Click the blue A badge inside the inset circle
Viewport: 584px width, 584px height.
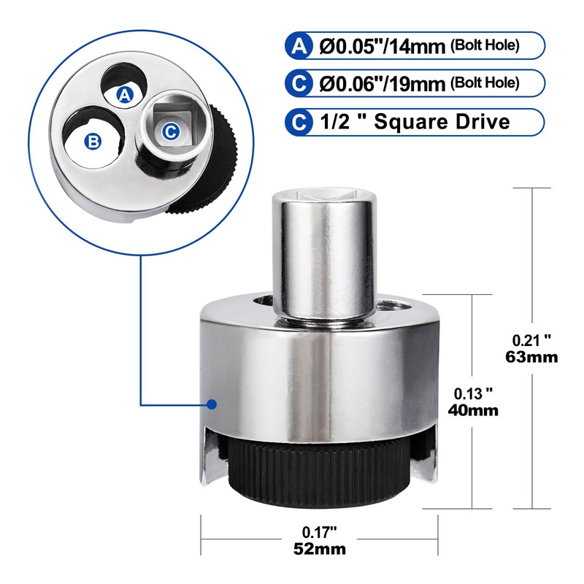(125, 93)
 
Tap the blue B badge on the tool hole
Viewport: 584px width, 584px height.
(93, 142)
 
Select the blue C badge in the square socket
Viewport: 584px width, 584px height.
(169, 131)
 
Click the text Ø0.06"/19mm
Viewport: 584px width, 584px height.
(383, 83)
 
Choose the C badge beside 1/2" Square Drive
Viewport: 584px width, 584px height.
(299, 121)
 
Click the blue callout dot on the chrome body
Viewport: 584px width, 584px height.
(211, 404)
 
